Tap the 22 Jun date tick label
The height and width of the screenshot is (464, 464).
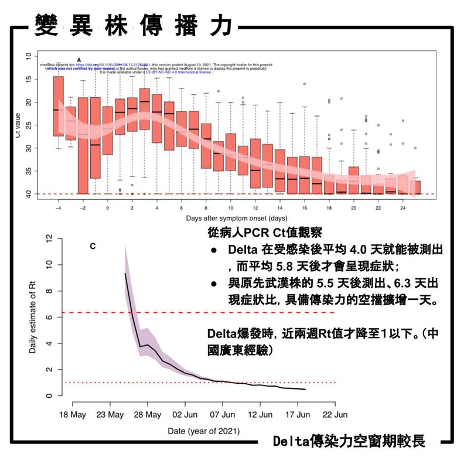click(x=335, y=414)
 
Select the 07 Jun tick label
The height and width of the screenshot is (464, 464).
click(x=222, y=414)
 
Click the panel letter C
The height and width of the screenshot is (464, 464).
click(x=93, y=247)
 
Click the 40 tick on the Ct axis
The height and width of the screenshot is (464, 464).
click(x=29, y=193)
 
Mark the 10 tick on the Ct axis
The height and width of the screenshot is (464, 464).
click(x=29, y=56)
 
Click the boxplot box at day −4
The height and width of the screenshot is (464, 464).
click(x=58, y=106)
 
